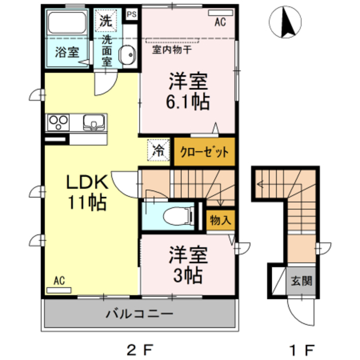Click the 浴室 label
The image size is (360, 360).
pos(66,53)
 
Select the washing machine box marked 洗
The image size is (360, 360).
pos(106,21)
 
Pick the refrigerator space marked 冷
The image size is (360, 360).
pos(159,150)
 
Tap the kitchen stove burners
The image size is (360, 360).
pos(58,121)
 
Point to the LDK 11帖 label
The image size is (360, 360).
pos(87,192)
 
